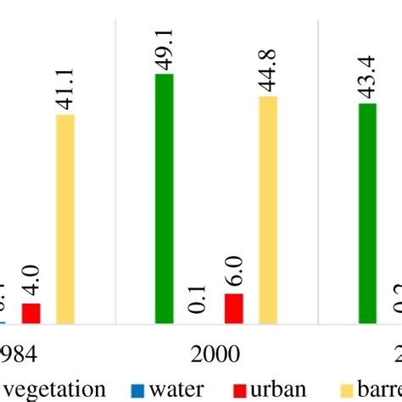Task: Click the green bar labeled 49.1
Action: pyautogui.click(x=165, y=199)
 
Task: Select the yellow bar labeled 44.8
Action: pyautogui.click(x=267, y=209)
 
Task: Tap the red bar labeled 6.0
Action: pyautogui.click(x=233, y=309)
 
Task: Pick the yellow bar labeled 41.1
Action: pyautogui.click(x=64, y=219)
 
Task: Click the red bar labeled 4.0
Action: pyautogui.click(x=31, y=313)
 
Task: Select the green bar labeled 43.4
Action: pyautogui.click(x=367, y=213)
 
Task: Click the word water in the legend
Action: pyautogui.click(x=176, y=390)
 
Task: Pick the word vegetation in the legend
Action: pyautogui.click(x=56, y=390)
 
